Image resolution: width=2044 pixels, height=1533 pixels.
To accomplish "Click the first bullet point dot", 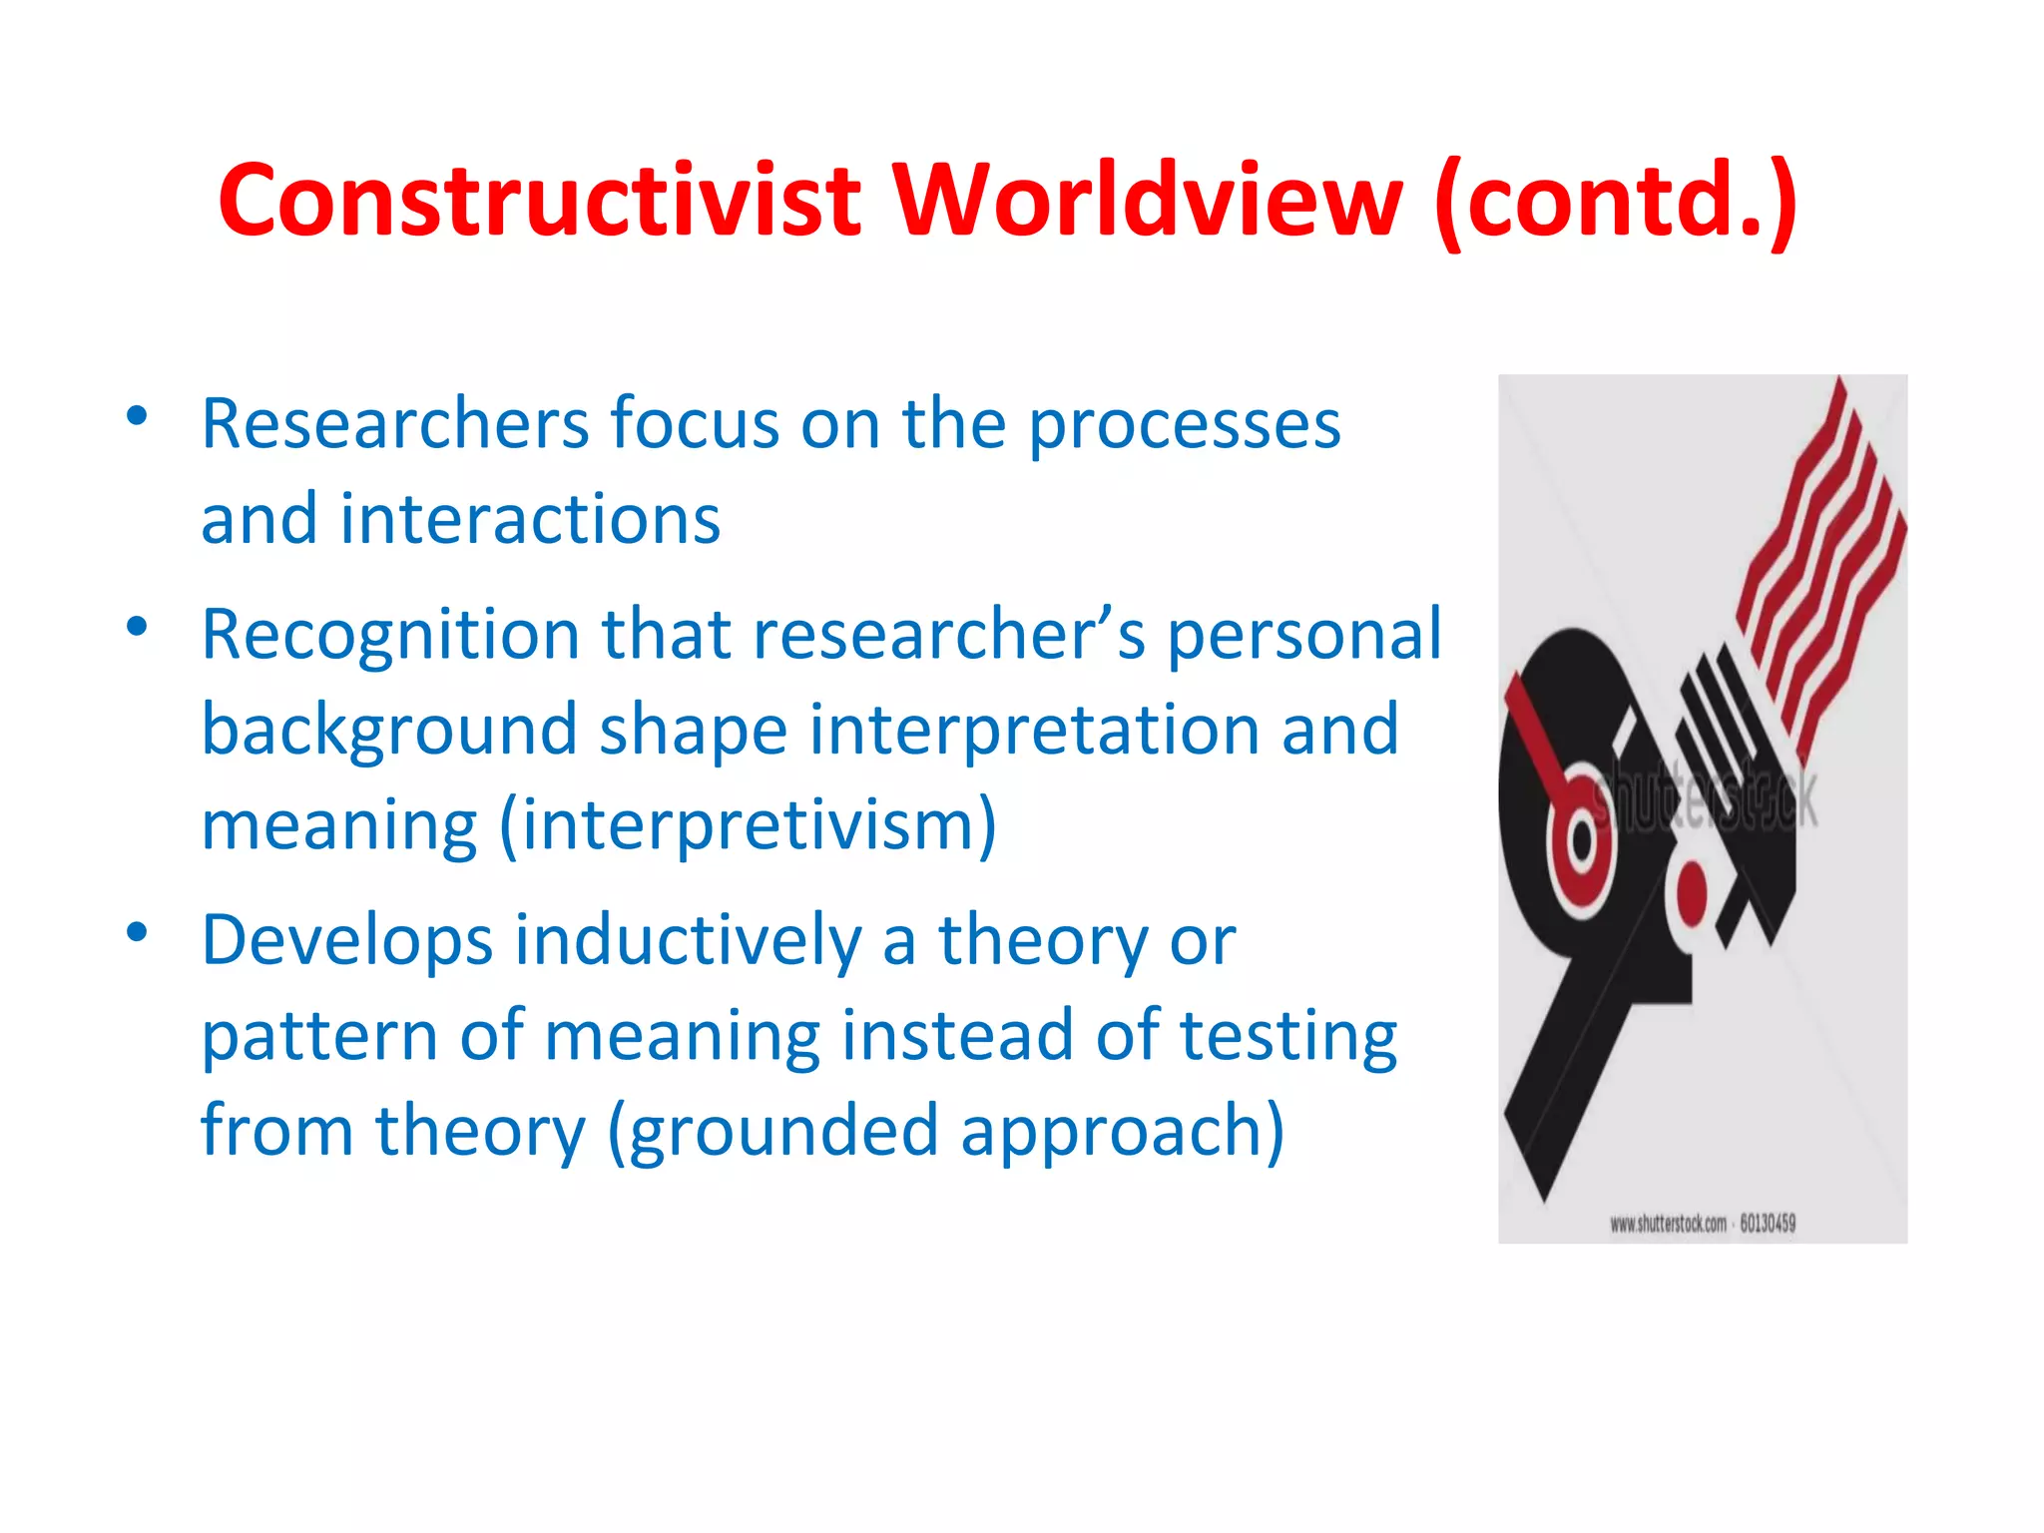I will tap(138, 415).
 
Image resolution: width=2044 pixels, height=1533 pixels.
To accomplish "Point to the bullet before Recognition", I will tap(138, 627).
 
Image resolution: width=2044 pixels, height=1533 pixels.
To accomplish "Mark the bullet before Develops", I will tap(138, 932).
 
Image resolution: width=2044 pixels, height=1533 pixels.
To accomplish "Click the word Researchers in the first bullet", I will tap(395, 424).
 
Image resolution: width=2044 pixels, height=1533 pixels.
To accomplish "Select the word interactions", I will tap(530, 519).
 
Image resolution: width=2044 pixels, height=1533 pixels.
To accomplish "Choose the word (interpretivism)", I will tap(749, 826).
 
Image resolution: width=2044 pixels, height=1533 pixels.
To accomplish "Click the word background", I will tap(389, 731).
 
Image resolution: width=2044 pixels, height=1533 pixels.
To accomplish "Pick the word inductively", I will tap(688, 940).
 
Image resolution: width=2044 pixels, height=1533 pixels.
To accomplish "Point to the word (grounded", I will tap(772, 1133).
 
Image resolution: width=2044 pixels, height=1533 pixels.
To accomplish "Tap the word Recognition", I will tap(389, 635).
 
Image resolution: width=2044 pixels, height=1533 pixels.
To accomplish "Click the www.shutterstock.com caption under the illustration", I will tap(1702, 1224).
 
